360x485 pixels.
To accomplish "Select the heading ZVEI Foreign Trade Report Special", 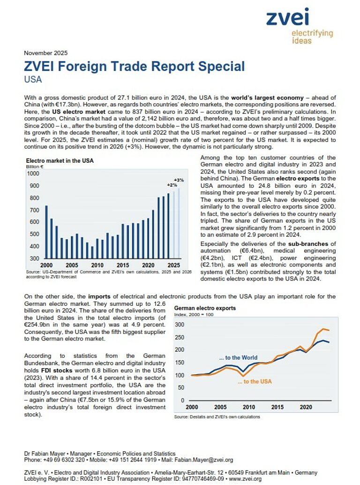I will (x=134, y=66).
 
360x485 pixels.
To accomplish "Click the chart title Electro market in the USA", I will (x=60, y=160).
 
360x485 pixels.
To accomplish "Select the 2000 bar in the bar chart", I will (x=46, y=232).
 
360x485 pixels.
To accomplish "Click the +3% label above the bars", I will (x=179, y=180).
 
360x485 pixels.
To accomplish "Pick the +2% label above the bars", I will (x=172, y=185).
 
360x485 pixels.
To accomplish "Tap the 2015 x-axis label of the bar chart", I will (x=123, y=265).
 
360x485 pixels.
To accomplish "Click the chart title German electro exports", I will (x=205, y=308).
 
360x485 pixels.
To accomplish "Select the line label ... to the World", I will (x=238, y=358).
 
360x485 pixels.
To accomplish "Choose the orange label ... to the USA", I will (x=255, y=381).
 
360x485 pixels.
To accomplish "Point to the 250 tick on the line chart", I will (x=179, y=337).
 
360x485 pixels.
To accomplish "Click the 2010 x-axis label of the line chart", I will (x=249, y=407).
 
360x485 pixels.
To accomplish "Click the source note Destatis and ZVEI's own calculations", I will (x=217, y=417).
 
